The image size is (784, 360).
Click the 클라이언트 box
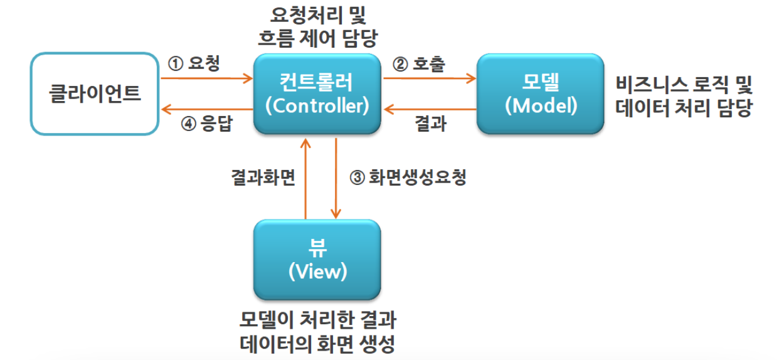pyautogui.click(x=94, y=94)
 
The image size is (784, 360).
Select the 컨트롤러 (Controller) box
pyautogui.click(x=317, y=94)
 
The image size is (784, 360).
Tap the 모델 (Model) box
pyautogui.click(x=541, y=94)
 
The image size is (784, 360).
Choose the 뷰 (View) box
pyautogui.click(x=317, y=260)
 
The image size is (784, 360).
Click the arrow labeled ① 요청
pyautogui.click(x=206, y=79)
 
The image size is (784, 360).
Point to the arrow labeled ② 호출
pyautogui.click(x=430, y=79)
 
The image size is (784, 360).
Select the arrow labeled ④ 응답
pyautogui.click(x=206, y=109)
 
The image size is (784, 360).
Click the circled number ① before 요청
pyautogui.click(x=176, y=64)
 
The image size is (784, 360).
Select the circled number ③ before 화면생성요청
pyautogui.click(x=356, y=177)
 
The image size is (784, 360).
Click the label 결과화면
pyautogui.click(x=262, y=177)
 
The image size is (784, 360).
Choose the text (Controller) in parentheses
pyautogui.click(x=317, y=105)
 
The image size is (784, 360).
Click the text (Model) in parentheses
pyautogui.click(x=541, y=105)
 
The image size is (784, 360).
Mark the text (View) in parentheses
pyautogui.click(x=317, y=272)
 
